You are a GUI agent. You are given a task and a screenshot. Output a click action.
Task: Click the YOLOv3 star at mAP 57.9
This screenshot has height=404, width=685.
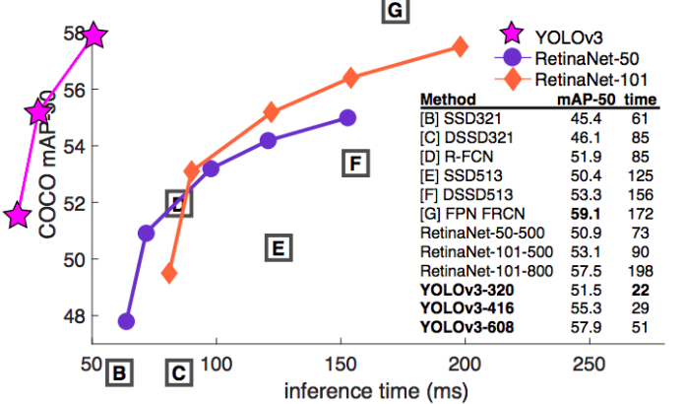click(x=93, y=36)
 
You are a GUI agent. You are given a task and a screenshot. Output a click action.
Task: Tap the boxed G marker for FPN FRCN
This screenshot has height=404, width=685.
click(x=394, y=11)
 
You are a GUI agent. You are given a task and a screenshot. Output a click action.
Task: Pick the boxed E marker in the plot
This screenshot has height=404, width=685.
click(x=279, y=247)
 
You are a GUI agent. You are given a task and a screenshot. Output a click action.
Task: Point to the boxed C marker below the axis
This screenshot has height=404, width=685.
click(x=177, y=373)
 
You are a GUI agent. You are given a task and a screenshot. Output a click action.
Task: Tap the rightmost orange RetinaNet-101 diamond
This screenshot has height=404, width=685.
click(x=460, y=46)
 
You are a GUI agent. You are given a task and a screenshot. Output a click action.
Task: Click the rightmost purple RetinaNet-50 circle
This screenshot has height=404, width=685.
click(x=346, y=117)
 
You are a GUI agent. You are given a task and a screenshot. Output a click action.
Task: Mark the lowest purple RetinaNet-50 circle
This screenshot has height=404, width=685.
click(x=126, y=321)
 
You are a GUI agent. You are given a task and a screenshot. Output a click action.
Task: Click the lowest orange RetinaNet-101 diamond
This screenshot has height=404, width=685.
click(x=169, y=273)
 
